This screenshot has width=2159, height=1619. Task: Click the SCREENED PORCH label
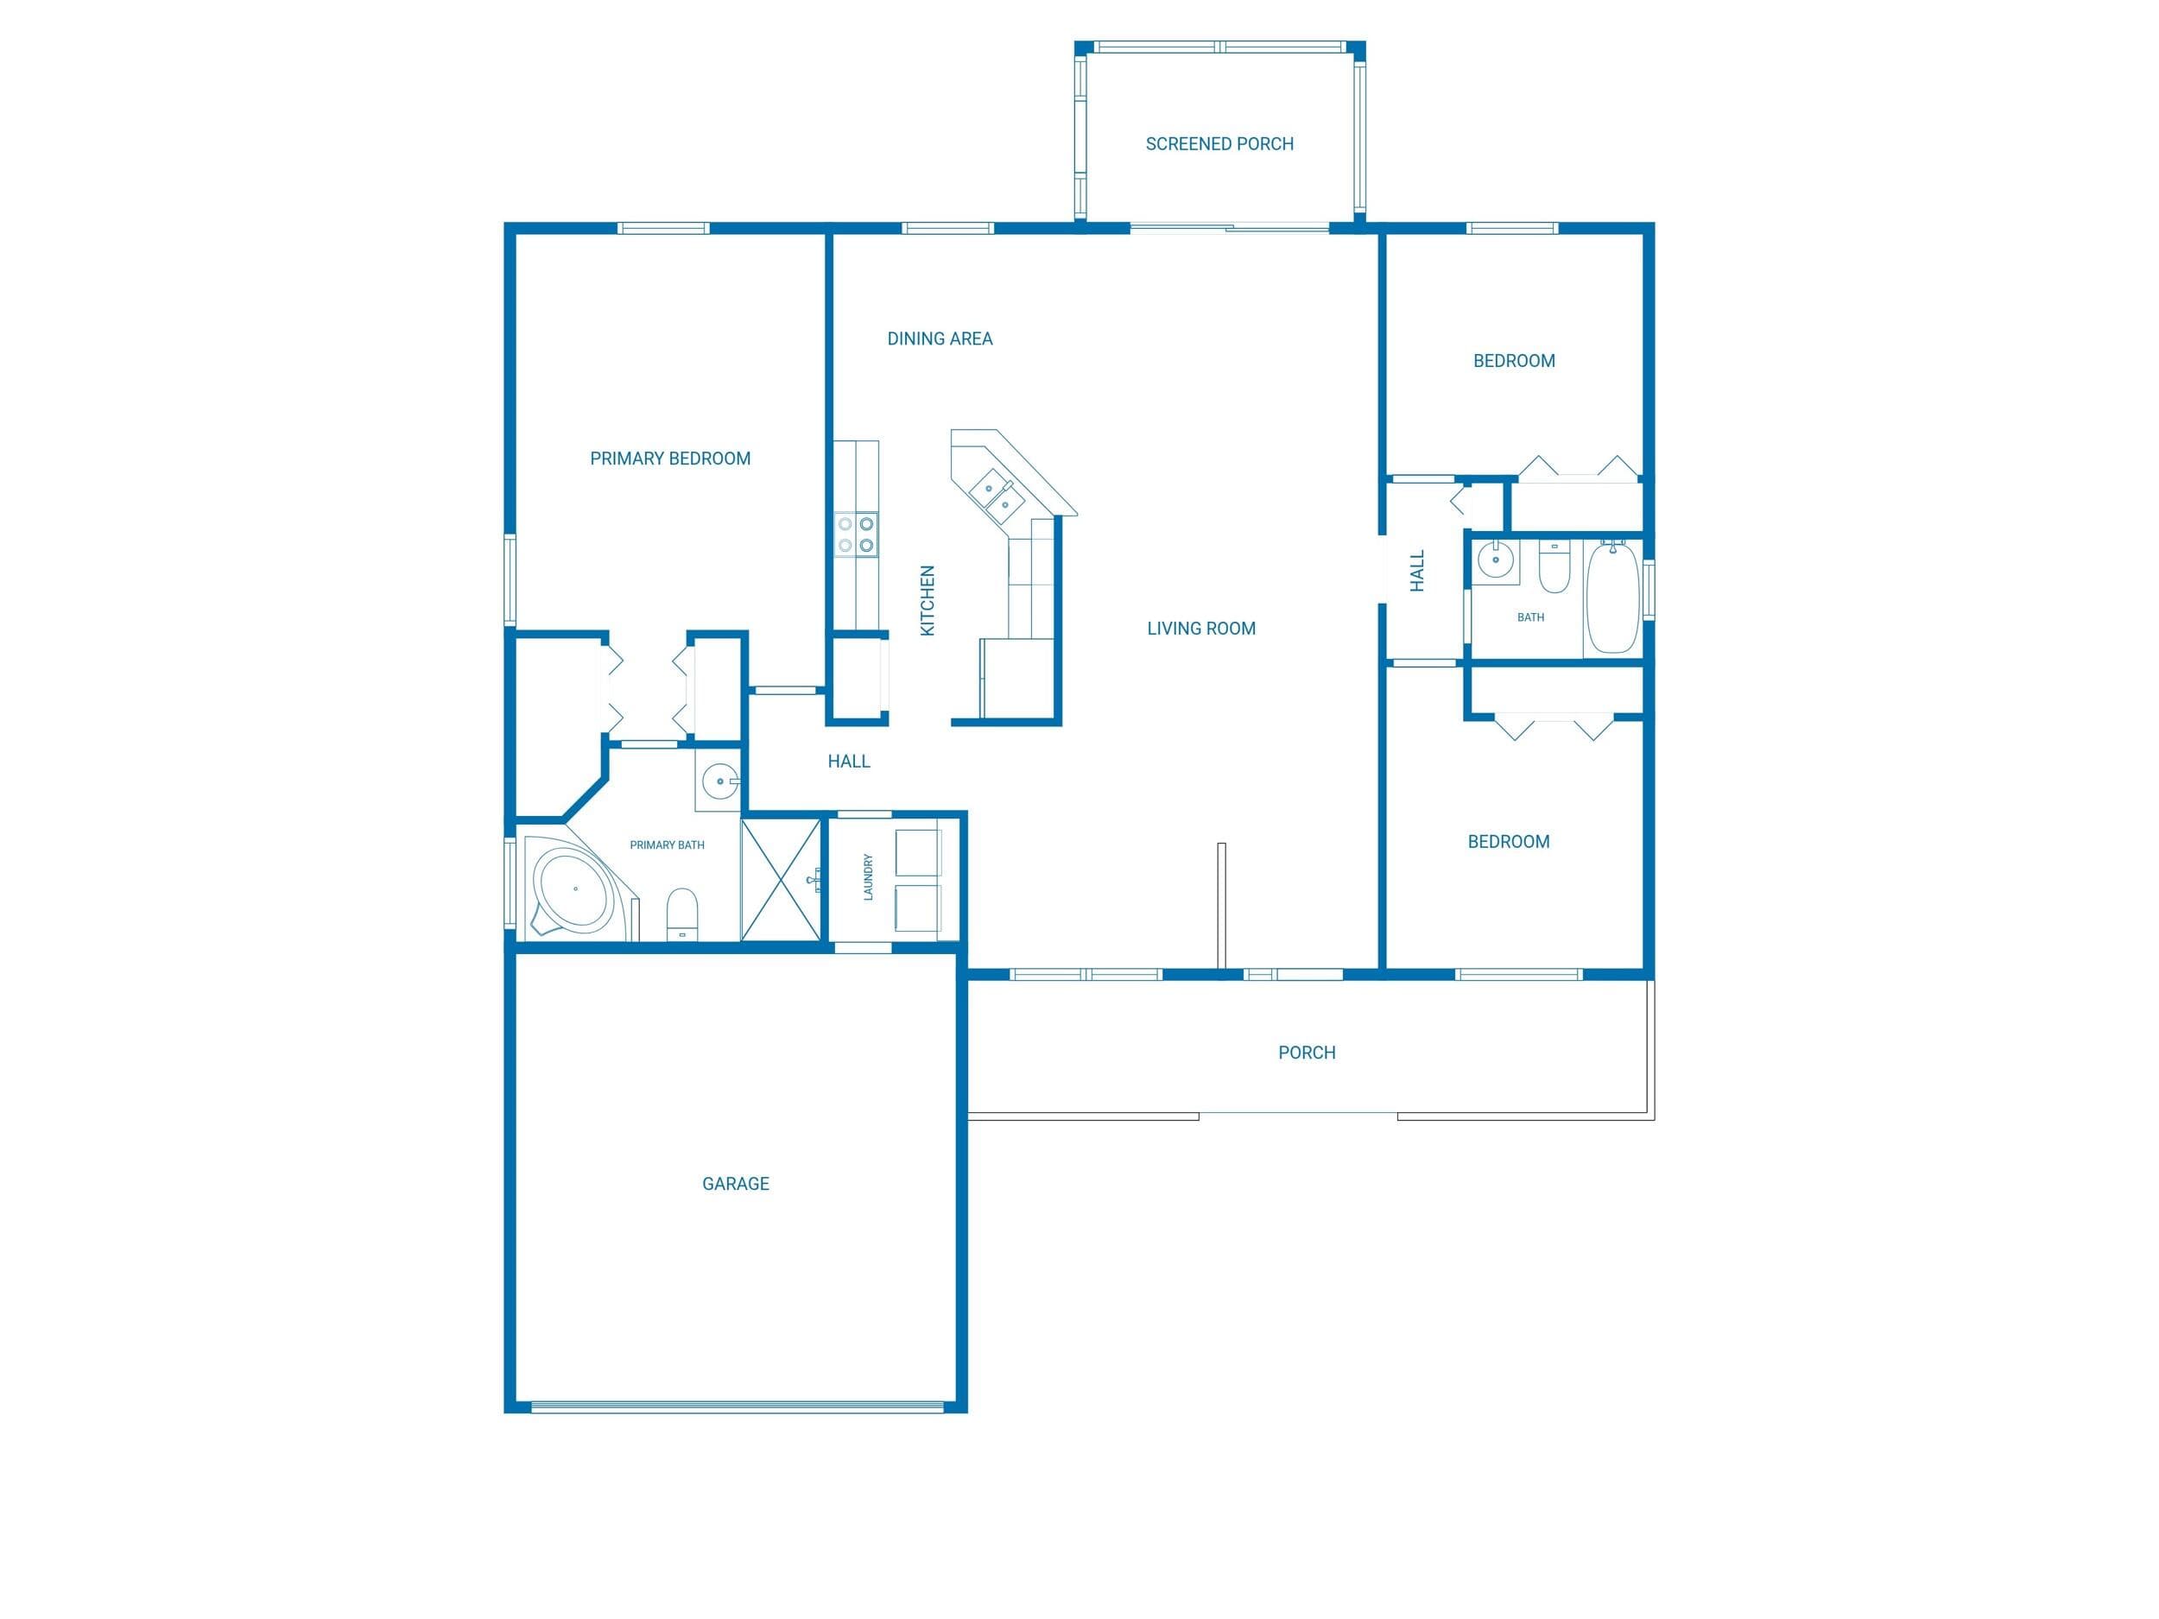[1219, 144]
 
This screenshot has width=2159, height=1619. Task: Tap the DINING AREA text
[940, 338]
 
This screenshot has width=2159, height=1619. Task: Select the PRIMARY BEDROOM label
[669, 459]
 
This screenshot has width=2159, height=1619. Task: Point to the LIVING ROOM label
[1200, 629]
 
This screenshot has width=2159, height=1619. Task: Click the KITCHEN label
[928, 601]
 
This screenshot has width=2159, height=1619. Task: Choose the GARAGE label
[735, 1184]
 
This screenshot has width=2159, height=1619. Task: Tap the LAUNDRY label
[868, 877]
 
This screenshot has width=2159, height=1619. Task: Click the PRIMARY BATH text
[667, 845]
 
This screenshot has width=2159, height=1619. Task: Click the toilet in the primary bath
[682, 914]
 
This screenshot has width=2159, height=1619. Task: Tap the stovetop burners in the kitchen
[856, 534]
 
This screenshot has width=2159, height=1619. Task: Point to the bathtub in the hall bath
[1611, 598]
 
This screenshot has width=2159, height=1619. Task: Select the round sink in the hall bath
[1493, 560]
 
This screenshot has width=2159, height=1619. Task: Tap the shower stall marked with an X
[781, 880]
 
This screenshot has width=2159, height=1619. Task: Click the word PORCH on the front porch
[1307, 1053]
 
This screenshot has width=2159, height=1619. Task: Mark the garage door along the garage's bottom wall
[737, 1407]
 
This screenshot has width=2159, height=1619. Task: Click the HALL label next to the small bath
[1417, 571]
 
